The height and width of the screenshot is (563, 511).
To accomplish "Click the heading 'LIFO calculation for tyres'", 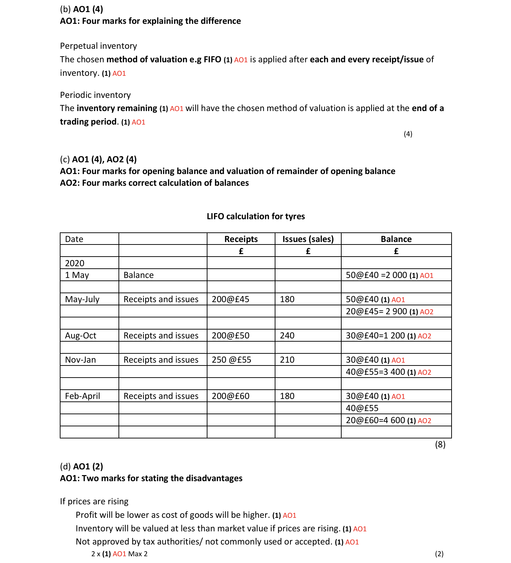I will click(255, 216).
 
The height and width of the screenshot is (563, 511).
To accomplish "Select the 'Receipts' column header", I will click(241, 239).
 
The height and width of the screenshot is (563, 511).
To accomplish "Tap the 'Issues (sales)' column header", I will click(308, 239).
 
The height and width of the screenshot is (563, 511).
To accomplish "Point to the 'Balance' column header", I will click(396, 239).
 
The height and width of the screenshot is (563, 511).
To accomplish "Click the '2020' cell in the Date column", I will click(75, 263).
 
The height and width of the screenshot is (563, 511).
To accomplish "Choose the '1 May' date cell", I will click(77, 275).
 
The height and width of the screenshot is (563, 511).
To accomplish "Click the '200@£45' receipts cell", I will click(231, 299).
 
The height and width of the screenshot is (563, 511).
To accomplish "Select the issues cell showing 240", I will click(287, 336).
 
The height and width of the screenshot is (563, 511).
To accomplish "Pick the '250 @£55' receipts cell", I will click(231, 360).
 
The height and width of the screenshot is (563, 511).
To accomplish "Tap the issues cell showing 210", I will click(287, 360).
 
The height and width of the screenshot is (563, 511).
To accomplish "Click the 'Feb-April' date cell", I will click(83, 396).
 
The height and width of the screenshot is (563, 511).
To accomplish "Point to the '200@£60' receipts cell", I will click(231, 396).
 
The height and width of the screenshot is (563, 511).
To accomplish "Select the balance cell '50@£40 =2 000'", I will click(376, 275).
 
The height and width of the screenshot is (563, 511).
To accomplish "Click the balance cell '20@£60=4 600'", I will click(375, 420).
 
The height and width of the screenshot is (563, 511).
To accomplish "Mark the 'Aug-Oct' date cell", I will click(81, 336).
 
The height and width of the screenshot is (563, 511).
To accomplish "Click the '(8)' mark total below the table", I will click(440, 444).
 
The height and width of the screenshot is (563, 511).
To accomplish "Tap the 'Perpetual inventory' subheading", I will click(99, 46).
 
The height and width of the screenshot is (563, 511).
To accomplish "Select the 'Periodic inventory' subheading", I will click(95, 95).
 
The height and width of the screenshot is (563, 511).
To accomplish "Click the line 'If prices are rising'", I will click(94, 501).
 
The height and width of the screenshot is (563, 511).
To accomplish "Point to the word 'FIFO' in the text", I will click(212, 59).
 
